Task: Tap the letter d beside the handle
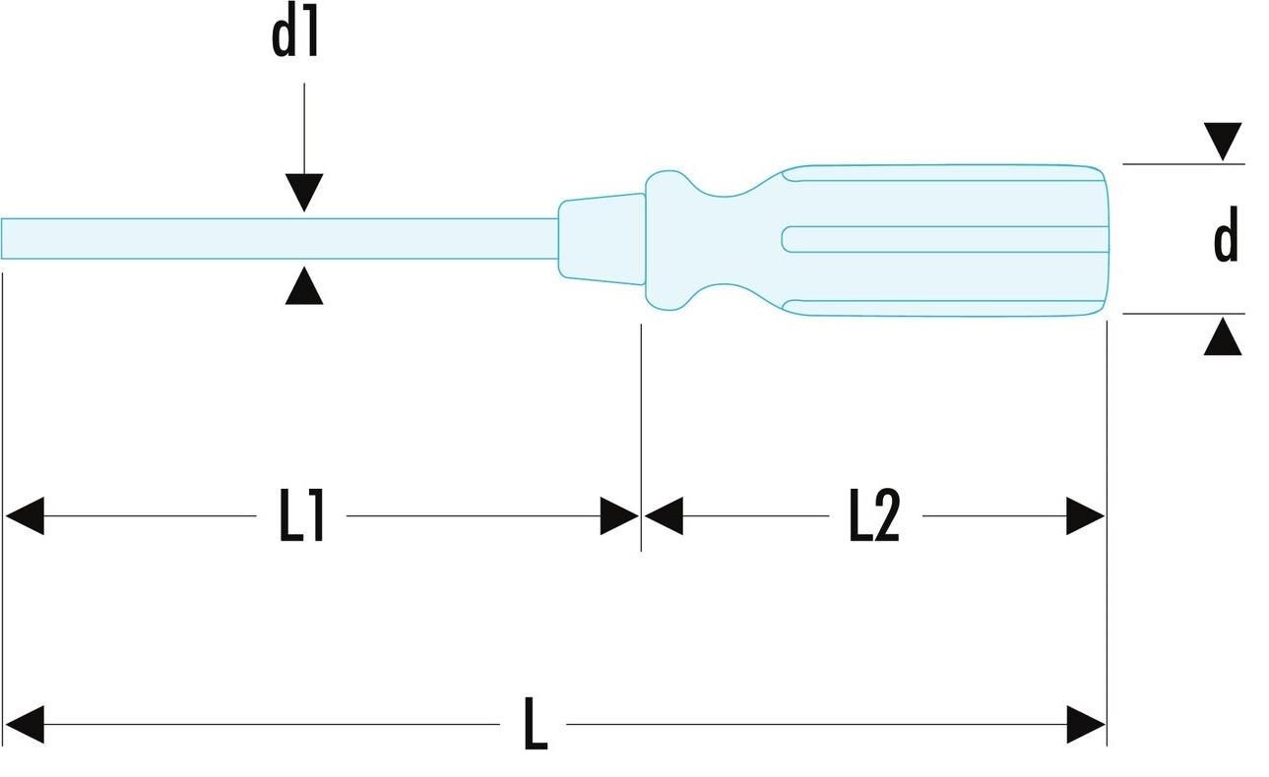click(1226, 234)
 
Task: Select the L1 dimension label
click(301, 515)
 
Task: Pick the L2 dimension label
click(874, 515)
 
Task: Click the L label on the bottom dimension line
click(536, 724)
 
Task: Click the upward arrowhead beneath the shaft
click(304, 286)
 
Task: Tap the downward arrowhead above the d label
click(1223, 142)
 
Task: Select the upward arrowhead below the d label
click(1223, 336)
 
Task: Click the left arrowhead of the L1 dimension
click(25, 516)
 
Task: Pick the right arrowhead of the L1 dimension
click(619, 516)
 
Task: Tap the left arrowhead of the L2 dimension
click(664, 516)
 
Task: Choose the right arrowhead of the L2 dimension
click(1086, 516)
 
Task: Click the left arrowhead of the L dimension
click(25, 724)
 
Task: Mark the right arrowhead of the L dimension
click(1086, 724)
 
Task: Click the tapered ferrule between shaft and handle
click(602, 239)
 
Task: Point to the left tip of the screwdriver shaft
click(2, 239)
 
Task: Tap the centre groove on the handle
click(945, 239)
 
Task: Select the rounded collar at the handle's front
click(668, 240)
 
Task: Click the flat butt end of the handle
click(1106, 240)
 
